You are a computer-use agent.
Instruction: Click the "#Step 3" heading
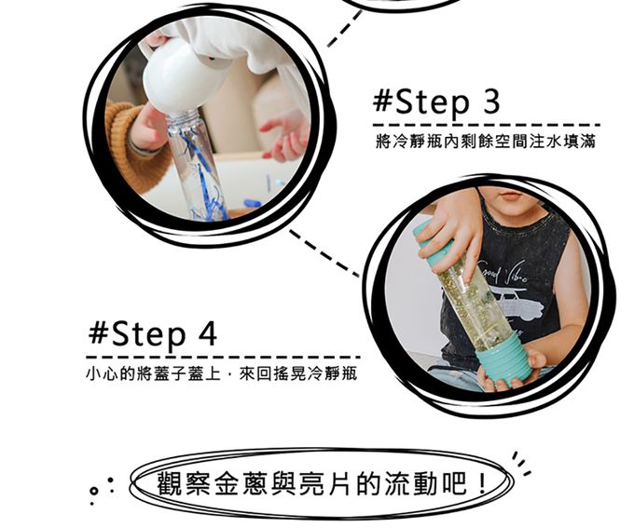(436, 103)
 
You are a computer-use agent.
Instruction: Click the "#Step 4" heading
(153, 335)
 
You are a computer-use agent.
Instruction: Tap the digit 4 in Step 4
(207, 333)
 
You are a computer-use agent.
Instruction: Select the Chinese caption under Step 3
(486, 142)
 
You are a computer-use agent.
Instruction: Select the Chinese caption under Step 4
(222, 373)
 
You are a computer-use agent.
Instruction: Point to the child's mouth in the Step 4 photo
(511, 196)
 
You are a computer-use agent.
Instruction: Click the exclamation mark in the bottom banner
(482, 482)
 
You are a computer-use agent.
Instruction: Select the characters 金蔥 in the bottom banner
(241, 483)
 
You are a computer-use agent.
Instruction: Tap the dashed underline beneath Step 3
(487, 125)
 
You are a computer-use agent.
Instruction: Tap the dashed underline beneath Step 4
(223, 357)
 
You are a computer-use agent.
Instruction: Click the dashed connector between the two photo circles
(324, 253)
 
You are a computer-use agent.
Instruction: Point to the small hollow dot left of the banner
(93, 492)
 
